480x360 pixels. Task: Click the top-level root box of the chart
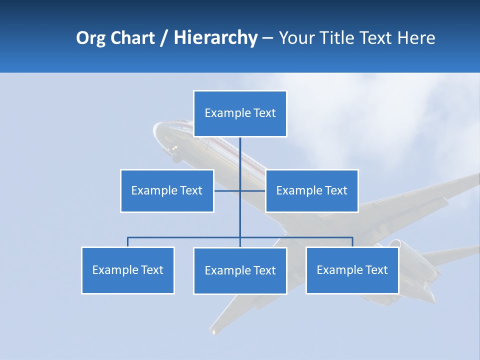[240, 113]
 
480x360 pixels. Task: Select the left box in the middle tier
[167, 191]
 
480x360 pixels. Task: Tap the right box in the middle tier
[311, 191]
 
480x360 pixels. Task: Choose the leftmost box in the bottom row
[128, 270]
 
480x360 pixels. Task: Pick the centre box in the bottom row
[240, 271]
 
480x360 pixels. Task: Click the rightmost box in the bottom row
[352, 270]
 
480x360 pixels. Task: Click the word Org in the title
[90, 38]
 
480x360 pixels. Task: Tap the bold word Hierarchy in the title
[215, 38]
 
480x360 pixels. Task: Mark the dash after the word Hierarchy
[267, 38]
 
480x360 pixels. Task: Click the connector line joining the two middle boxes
[227, 190]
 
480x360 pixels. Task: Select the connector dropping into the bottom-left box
[128, 242]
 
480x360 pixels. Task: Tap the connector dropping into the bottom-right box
[352, 242]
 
